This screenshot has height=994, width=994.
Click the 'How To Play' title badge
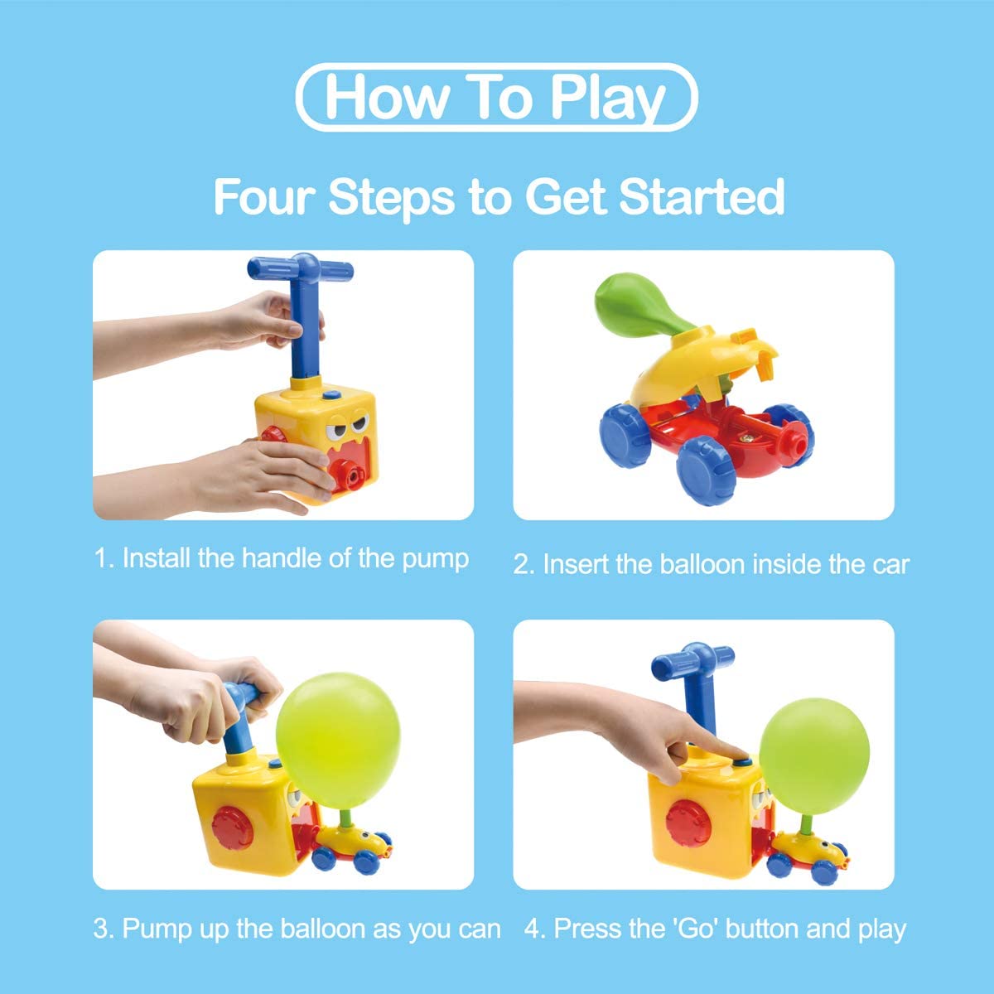(x=496, y=97)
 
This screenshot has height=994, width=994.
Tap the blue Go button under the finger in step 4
(x=742, y=762)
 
